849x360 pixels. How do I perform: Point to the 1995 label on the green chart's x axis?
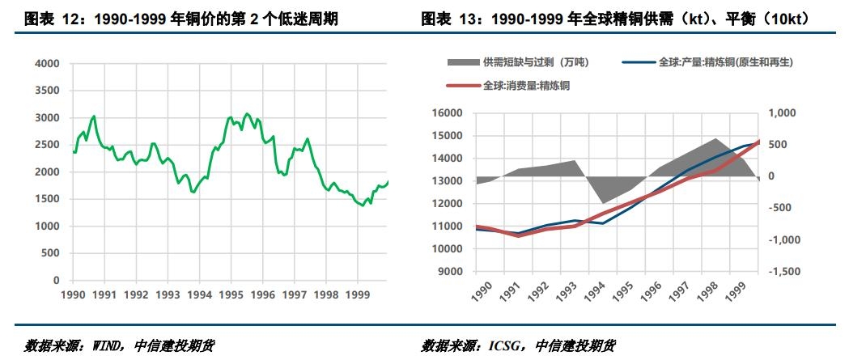pyautogui.click(x=231, y=295)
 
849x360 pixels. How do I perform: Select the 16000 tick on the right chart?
pyautogui.click(x=448, y=113)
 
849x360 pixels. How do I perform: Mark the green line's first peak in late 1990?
pyautogui.click(x=94, y=116)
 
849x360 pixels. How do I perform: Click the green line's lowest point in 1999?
pyautogui.click(x=362, y=205)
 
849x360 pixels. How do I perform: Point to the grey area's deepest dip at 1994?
pyautogui.click(x=601, y=203)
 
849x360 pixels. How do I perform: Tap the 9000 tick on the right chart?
pyautogui.click(x=451, y=272)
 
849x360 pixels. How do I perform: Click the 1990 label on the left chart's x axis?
pyautogui.click(x=73, y=295)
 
